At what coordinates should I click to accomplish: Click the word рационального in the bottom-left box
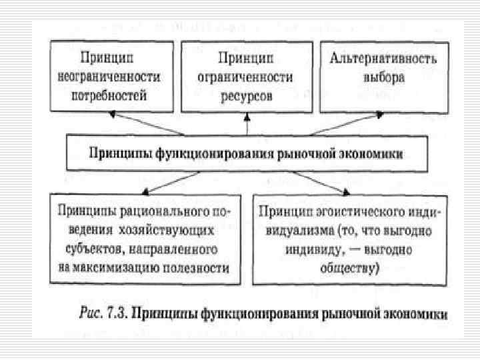tap(171, 211)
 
